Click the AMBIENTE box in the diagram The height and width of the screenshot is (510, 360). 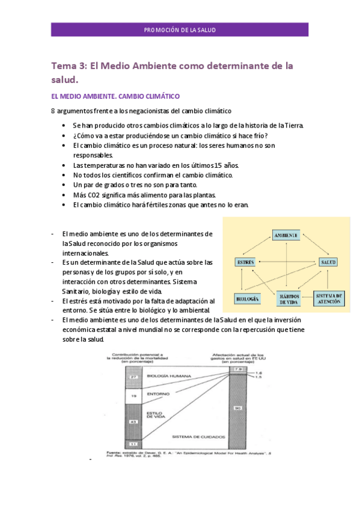pos(285,235)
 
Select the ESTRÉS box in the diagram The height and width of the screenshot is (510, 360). pos(247,262)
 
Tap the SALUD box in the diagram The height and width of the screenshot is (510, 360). pos(328,262)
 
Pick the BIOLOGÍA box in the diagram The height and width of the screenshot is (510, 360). pos(248,298)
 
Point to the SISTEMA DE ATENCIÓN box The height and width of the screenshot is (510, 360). pos(329,298)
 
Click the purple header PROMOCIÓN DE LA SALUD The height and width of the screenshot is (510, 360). pos(180,30)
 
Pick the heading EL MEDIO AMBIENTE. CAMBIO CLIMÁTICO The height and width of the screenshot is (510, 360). pos(115,96)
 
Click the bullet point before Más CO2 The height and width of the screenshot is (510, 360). pos(64,195)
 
